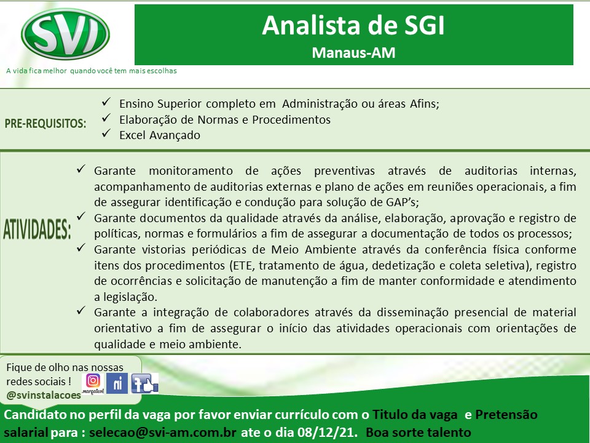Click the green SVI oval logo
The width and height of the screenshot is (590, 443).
(66, 34)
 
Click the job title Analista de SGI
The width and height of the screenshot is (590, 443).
(353, 26)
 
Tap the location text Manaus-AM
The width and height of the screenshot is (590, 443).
(354, 53)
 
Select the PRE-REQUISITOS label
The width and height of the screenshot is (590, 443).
(45, 123)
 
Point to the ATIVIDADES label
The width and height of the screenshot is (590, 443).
(37, 229)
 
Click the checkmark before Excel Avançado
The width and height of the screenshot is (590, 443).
(106, 134)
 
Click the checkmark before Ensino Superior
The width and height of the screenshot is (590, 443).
(106, 102)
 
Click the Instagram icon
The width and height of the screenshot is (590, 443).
(93, 381)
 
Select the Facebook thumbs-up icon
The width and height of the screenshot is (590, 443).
(144, 383)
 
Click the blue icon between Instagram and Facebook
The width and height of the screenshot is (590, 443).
(117, 383)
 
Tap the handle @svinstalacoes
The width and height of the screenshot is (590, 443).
(44, 395)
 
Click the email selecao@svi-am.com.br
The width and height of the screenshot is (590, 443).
(162, 432)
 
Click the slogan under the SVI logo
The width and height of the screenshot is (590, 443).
(92, 71)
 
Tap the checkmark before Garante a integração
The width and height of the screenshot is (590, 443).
(81, 311)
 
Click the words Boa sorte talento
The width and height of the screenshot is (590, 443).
(419, 432)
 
